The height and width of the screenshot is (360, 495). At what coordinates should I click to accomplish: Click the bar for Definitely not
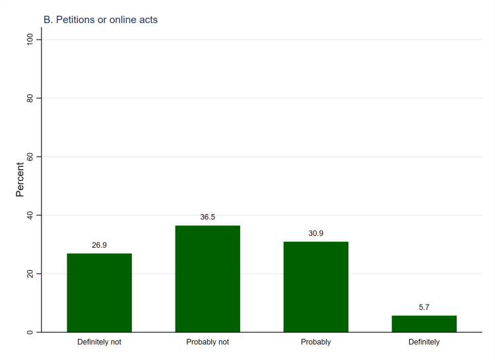[x=99, y=293]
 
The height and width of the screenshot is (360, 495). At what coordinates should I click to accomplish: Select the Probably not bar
[x=207, y=279]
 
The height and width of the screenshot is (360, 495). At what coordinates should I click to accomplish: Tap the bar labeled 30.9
[x=315, y=287]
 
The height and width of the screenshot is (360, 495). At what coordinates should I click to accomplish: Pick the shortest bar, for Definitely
[x=424, y=324]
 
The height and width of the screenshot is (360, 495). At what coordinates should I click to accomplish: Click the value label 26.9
[x=99, y=245]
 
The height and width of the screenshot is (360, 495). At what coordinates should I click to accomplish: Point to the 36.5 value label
[x=207, y=217]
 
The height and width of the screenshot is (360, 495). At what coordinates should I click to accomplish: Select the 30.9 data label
[x=315, y=233]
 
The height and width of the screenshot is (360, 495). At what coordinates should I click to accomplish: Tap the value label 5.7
[x=424, y=307]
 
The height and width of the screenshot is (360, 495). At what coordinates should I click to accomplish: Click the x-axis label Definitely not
[x=99, y=342]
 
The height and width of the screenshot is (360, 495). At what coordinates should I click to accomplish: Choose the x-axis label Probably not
[x=207, y=342]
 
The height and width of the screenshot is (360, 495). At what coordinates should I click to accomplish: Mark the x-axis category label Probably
[x=315, y=342]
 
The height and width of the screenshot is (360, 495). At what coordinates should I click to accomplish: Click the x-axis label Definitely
[x=424, y=342]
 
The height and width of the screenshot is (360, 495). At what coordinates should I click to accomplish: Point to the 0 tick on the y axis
[x=30, y=332]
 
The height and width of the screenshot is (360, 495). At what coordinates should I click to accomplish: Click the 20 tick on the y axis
[x=30, y=273]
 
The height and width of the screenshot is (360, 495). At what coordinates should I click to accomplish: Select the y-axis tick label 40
[x=30, y=215]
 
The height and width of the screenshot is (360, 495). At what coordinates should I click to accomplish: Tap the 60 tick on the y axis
[x=30, y=157]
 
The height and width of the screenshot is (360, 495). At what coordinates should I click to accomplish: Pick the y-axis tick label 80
[x=30, y=98]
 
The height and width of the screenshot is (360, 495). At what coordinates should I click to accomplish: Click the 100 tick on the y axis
[x=30, y=40]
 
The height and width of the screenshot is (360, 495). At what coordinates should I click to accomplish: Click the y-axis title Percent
[x=20, y=180]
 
